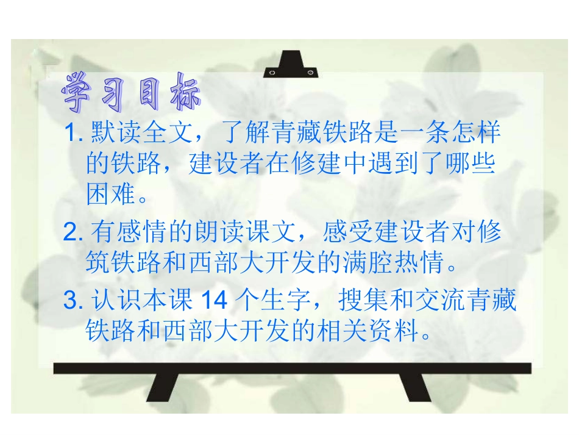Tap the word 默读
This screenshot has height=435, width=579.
pos(113,132)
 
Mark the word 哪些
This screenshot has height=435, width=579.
pos(473,164)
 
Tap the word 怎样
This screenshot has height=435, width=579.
pos(474,132)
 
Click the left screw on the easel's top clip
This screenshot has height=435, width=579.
pos(272,73)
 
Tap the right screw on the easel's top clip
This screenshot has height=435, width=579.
pos(311,73)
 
